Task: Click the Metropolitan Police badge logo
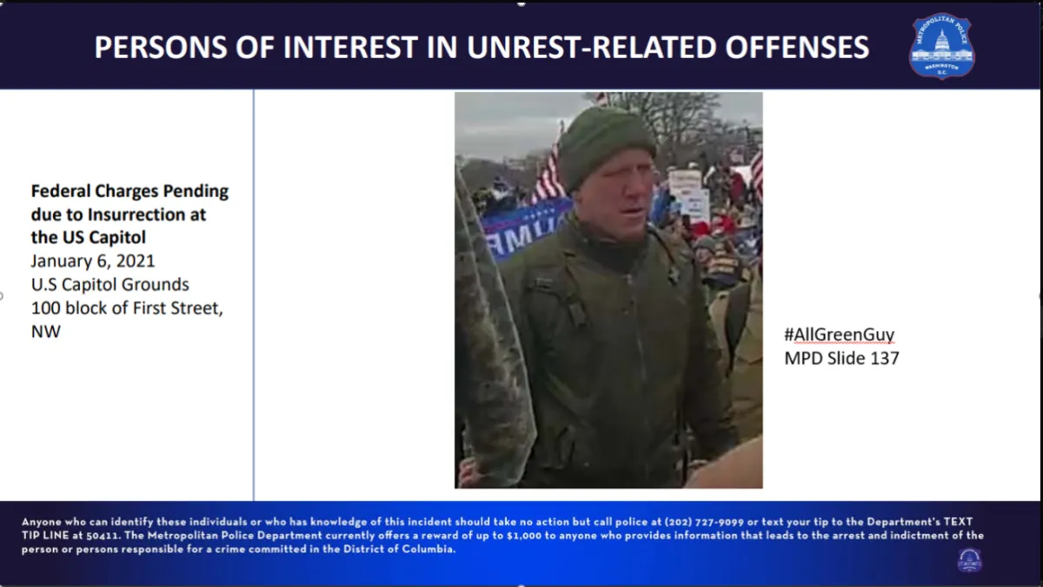tap(941, 46)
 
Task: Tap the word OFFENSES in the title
tap(797, 48)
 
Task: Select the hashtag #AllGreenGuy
tap(839, 334)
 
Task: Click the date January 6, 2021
tap(93, 261)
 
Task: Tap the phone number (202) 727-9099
tap(704, 522)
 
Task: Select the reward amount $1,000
tap(524, 536)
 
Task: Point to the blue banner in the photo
tap(526, 229)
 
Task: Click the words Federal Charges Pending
tap(130, 191)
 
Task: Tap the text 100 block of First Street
tap(127, 308)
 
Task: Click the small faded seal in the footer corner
tap(969, 560)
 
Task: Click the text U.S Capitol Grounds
tap(110, 284)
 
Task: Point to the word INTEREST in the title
tap(350, 48)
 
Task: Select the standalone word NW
tap(45, 332)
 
